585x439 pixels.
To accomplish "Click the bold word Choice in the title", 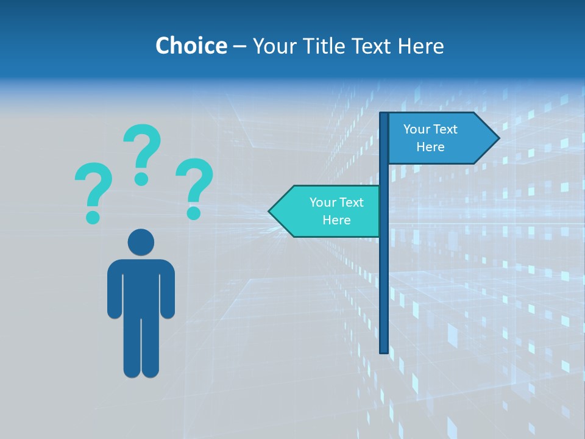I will point(191,46).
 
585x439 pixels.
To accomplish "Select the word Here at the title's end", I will point(420,46).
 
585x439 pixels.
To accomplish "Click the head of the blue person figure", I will point(141,242).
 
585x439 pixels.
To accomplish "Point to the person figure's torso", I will point(141,287).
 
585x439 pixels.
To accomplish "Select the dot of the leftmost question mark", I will point(93,216).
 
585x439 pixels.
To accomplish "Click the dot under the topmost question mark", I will point(142,179).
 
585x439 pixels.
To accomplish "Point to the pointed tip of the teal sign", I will point(271,212).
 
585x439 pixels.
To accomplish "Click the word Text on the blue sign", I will point(445,129).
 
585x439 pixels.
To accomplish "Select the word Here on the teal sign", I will point(336,220).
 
